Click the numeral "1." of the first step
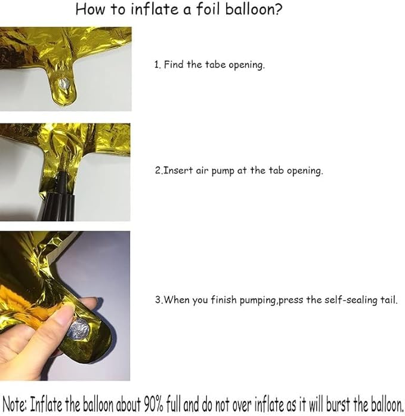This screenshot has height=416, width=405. coord(157,65)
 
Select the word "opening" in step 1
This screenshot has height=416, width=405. coord(244,65)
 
